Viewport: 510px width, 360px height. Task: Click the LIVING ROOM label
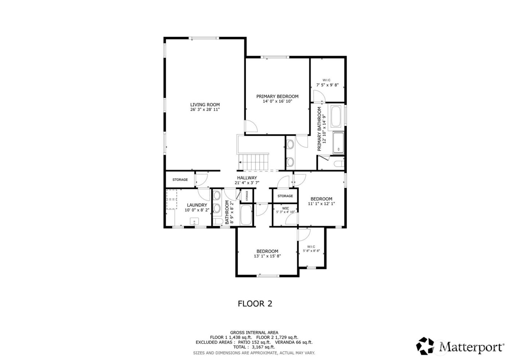point(205,104)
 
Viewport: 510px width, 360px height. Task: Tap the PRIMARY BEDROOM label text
point(277,96)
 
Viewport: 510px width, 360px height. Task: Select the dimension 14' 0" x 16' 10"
point(277,102)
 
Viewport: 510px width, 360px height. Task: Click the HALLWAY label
point(247,178)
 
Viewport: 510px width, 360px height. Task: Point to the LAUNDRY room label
point(197,205)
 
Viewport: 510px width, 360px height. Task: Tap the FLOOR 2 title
point(255,303)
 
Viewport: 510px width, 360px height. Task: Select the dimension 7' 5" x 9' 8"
point(327,85)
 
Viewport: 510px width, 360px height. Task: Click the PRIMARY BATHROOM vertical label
point(319,129)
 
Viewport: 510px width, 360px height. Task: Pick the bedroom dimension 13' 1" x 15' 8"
point(267,256)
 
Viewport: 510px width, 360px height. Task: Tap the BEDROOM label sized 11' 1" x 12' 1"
point(321,199)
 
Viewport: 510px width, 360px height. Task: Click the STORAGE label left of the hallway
point(180,180)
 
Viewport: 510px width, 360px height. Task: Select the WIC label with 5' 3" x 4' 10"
point(285,208)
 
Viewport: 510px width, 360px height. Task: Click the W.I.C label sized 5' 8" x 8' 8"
point(311,246)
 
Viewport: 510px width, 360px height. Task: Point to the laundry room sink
point(194,221)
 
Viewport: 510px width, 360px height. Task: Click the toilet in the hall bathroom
point(217,222)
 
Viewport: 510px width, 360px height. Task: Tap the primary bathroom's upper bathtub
point(336,117)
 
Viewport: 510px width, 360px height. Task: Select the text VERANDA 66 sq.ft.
point(294,343)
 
